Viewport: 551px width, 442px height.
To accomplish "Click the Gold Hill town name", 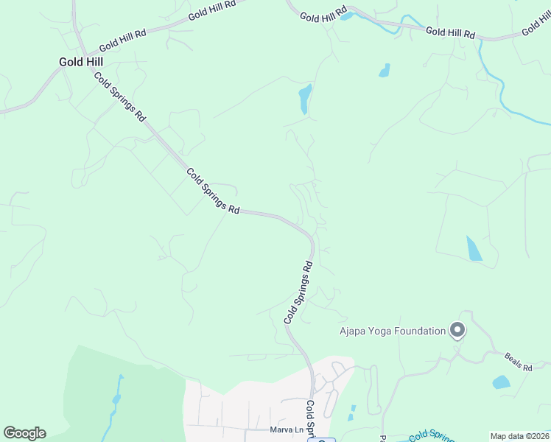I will coord(81,62).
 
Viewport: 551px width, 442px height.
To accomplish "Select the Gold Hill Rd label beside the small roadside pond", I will coord(323,15).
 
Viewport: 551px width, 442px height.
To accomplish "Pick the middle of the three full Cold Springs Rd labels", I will coord(213,192).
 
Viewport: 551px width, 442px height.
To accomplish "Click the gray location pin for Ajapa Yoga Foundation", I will coord(457,331).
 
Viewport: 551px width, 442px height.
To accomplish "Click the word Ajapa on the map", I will coord(353,331).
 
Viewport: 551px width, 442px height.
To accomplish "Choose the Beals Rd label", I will coord(518,361).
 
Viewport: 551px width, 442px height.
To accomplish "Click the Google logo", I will coord(24,433).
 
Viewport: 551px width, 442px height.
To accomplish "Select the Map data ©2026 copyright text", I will coord(519,436).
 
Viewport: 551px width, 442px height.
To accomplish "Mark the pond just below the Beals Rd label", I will coord(501,382).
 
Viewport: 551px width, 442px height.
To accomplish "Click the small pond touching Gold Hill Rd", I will coord(347,15).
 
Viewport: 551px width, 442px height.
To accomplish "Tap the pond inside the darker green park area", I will coord(116,399).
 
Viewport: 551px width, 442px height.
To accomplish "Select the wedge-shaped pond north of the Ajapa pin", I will coord(474,249).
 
